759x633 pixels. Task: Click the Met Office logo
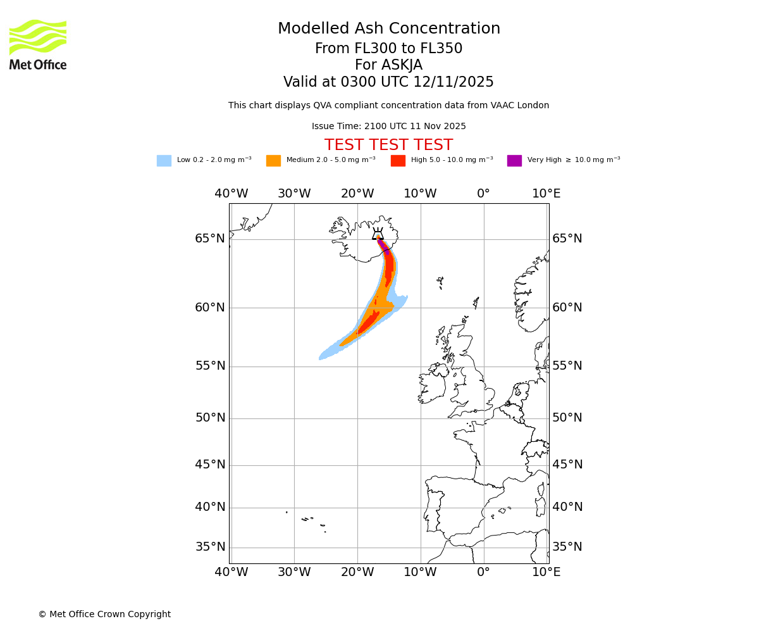click(38, 44)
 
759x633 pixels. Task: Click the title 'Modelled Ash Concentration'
click(388, 29)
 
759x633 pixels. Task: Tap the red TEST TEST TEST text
click(388, 146)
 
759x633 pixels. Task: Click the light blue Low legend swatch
click(164, 161)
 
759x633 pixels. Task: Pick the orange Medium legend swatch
click(273, 161)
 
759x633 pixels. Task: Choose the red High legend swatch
click(398, 161)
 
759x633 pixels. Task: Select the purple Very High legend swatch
click(514, 161)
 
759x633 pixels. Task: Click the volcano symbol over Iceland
click(378, 234)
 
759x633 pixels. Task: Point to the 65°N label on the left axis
click(210, 239)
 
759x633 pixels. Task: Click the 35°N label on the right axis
click(567, 547)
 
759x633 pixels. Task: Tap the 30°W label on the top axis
click(294, 194)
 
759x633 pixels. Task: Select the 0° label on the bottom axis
click(484, 573)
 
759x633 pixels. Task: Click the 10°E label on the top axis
click(546, 194)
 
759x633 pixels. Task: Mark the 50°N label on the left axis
click(210, 418)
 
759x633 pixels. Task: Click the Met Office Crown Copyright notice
click(104, 615)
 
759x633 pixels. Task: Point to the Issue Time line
click(388, 127)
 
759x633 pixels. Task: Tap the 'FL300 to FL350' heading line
click(388, 49)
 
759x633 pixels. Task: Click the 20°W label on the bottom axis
click(357, 573)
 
